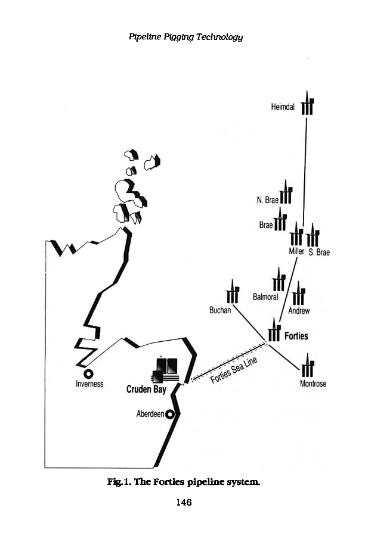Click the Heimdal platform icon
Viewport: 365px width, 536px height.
(307, 105)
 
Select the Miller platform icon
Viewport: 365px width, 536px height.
(296, 236)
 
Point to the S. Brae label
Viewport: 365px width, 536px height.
(319, 253)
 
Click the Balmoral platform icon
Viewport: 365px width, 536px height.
(279, 281)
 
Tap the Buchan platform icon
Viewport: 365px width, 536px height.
(233, 294)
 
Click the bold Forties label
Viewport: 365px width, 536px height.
(296, 336)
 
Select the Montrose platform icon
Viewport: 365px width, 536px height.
(308, 367)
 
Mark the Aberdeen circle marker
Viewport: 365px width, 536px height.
(170, 414)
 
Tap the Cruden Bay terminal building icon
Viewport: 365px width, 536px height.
(166, 369)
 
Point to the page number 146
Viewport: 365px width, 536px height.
(183, 503)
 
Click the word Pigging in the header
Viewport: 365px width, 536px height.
(184, 38)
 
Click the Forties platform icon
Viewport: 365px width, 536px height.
(274, 331)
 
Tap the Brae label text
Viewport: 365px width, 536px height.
(266, 226)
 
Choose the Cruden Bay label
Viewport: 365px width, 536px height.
(146, 390)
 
